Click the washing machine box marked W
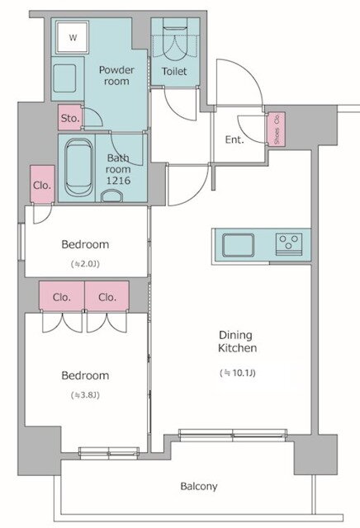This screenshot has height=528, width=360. point(73,37)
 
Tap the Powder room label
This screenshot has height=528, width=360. point(116,75)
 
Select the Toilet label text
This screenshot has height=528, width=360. point(174,72)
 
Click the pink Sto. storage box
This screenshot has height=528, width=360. point(70,117)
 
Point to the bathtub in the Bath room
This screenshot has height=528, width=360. point(78,167)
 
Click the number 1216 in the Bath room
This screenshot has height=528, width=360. point(118,181)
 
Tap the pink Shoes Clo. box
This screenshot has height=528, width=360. point(277,130)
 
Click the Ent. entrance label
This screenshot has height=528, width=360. point(234,139)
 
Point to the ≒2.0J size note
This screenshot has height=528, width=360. point(85,264)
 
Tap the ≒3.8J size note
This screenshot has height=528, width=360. point(85,395)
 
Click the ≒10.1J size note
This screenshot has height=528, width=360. point(238,373)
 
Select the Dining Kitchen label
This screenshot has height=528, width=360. point(237,342)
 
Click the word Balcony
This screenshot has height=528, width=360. point(199,486)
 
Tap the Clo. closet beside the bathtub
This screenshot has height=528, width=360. point(42,184)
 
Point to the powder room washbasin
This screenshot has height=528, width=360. point(64,78)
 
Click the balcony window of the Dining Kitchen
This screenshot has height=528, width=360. point(233,435)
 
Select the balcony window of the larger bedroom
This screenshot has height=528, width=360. point(109,453)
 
